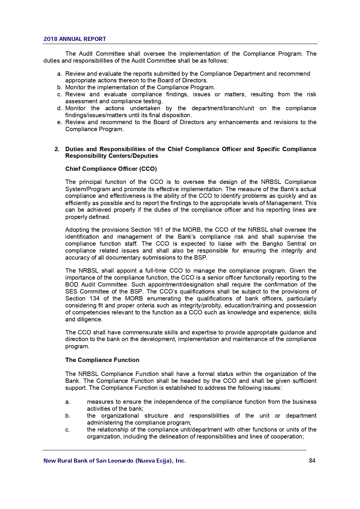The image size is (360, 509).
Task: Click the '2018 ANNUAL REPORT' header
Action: click(75, 39)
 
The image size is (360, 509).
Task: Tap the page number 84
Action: click(312, 461)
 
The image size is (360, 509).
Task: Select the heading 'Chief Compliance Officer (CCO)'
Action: click(111, 169)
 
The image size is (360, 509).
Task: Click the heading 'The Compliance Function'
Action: click(102, 360)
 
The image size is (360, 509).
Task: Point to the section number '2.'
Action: click(57, 149)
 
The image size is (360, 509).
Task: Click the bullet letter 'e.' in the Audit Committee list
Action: click(60, 122)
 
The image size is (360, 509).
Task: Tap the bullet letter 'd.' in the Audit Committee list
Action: click(60, 108)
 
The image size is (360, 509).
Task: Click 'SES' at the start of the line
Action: click(71, 291)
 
